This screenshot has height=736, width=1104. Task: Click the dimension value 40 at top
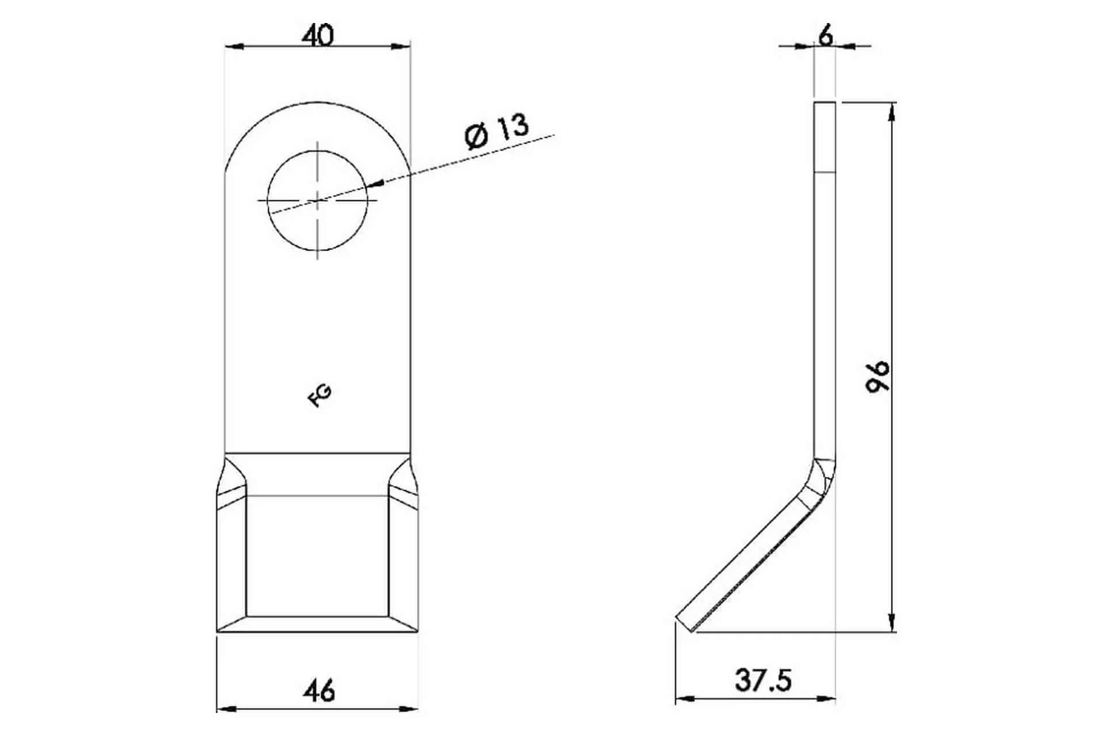click(x=317, y=36)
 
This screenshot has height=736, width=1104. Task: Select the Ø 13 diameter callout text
click(x=496, y=132)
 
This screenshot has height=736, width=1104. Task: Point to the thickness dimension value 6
click(x=825, y=36)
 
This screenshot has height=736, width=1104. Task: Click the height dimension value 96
click(x=878, y=377)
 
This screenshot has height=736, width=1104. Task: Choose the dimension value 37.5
click(x=764, y=681)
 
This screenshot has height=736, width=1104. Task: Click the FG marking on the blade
click(x=320, y=396)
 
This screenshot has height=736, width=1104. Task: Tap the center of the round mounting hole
click(x=317, y=200)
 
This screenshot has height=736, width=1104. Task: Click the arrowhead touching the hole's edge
click(x=375, y=184)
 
